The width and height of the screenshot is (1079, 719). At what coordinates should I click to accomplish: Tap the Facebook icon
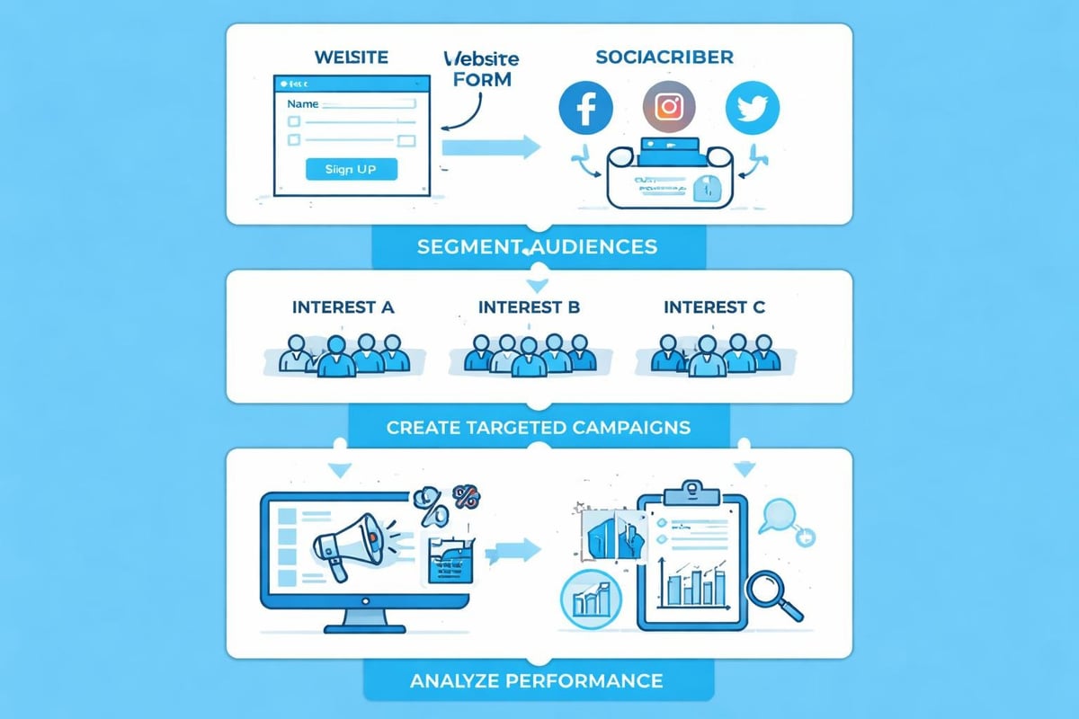[x=585, y=110]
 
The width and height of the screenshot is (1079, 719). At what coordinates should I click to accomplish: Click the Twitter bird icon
[x=752, y=108]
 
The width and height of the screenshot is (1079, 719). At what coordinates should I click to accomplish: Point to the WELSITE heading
[x=352, y=57]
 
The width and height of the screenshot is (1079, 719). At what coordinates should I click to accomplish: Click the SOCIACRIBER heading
[x=664, y=57]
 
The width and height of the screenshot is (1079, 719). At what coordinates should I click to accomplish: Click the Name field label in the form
[x=303, y=104]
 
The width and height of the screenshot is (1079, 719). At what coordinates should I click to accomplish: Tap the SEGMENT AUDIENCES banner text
[x=537, y=246]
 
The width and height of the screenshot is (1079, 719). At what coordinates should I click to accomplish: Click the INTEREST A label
[x=343, y=307]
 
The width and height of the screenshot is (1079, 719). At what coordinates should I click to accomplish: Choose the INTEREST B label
[x=530, y=307]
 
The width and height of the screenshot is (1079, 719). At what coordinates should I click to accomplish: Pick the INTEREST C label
[x=714, y=307]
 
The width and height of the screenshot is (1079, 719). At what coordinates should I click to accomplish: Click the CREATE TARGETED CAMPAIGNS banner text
[x=539, y=426]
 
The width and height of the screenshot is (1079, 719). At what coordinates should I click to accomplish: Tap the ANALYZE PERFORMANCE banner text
[x=537, y=679]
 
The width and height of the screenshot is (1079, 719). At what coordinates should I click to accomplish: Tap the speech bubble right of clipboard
[x=778, y=515]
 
